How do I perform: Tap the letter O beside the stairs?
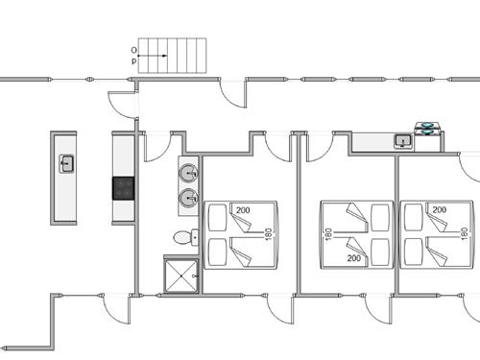click(x=133, y=49)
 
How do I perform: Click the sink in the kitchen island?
click(x=67, y=163)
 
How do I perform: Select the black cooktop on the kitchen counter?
click(x=125, y=187)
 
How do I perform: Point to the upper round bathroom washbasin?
click(x=188, y=174)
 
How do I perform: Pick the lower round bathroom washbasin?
click(x=188, y=198)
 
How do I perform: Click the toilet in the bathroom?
click(x=181, y=237)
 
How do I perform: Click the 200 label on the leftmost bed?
click(x=242, y=210)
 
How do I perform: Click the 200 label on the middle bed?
click(x=352, y=259)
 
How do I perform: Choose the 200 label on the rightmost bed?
click(x=439, y=209)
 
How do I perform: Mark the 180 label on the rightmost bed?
click(x=465, y=234)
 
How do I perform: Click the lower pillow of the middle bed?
click(x=380, y=252)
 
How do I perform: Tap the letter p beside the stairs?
click(x=133, y=60)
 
